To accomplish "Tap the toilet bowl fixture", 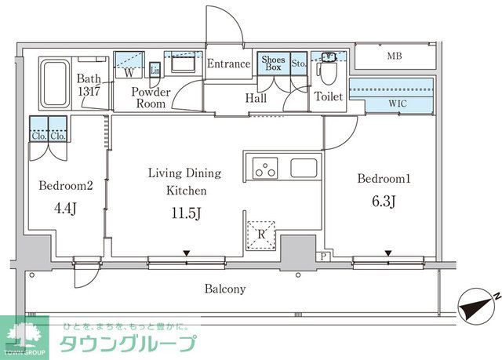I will (x=326, y=76).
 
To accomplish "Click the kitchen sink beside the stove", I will (x=304, y=167).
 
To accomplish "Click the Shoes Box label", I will (x=274, y=64).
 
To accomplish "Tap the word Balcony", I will (x=225, y=289).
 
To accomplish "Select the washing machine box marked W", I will (x=129, y=71).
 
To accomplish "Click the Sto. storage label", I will (x=298, y=64).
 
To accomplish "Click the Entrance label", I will (x=229, y=64).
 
